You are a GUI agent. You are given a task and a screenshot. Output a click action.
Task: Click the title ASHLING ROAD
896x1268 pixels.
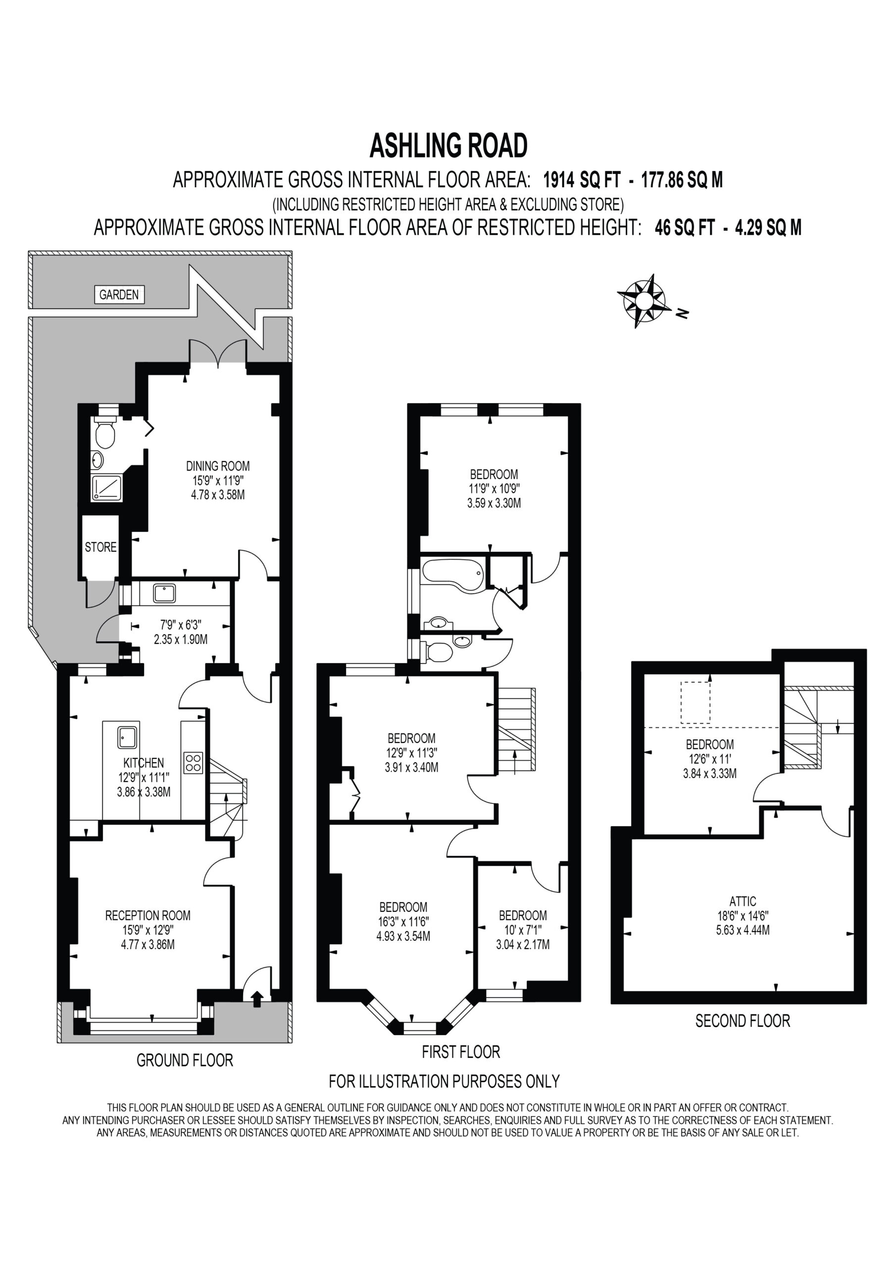point(448,146)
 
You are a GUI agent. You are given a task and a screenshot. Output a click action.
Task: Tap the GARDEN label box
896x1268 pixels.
point(119,294)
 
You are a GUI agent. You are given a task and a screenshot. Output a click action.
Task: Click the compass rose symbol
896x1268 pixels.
point(644,301)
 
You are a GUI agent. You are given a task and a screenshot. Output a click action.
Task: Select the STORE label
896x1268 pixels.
point(100,547)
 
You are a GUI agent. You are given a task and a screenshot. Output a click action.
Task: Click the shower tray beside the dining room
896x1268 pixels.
point(107,488)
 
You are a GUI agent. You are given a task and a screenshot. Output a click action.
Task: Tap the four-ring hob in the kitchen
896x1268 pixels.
point(193,763)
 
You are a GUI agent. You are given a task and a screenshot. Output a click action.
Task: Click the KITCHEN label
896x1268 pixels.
point(144,763)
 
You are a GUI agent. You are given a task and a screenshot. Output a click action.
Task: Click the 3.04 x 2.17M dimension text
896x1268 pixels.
point(523,945)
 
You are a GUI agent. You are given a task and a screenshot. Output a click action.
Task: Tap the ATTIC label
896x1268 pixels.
point(743,901)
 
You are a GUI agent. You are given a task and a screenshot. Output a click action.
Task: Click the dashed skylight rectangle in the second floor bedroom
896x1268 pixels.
point(696,702)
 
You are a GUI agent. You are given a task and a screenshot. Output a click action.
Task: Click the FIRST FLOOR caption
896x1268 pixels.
point(461,1052)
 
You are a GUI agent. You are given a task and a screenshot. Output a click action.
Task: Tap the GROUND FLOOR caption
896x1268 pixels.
point(185,1060)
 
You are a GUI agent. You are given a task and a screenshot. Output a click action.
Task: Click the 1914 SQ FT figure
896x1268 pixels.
point(582,180)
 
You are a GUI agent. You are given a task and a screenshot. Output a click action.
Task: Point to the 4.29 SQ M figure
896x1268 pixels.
point(768,227)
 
